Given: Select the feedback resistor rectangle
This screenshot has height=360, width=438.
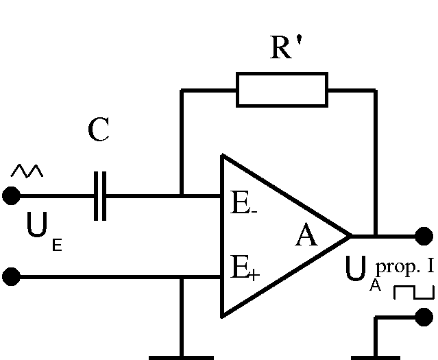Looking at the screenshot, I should coord(282,90).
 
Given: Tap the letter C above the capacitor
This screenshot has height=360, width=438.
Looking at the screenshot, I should coord(99,130).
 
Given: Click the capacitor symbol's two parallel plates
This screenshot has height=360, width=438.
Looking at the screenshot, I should coord(100,196).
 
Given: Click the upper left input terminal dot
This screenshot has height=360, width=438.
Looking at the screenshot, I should coord(11,196).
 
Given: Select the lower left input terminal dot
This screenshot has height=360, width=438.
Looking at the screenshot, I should coord(11,278).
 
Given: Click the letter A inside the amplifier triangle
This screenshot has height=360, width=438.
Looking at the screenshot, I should coord(306,237).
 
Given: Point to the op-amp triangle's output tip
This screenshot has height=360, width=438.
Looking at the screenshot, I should coord(350,237).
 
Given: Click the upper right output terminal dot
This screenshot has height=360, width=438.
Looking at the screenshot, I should coord(424,237).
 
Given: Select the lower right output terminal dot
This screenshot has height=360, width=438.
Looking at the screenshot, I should coord(424,317).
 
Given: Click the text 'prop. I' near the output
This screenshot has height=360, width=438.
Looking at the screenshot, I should coord(404,265).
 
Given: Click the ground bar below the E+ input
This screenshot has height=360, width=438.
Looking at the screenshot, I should coord(182,357).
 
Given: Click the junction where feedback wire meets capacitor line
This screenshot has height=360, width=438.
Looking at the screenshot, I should coord(182,196).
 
